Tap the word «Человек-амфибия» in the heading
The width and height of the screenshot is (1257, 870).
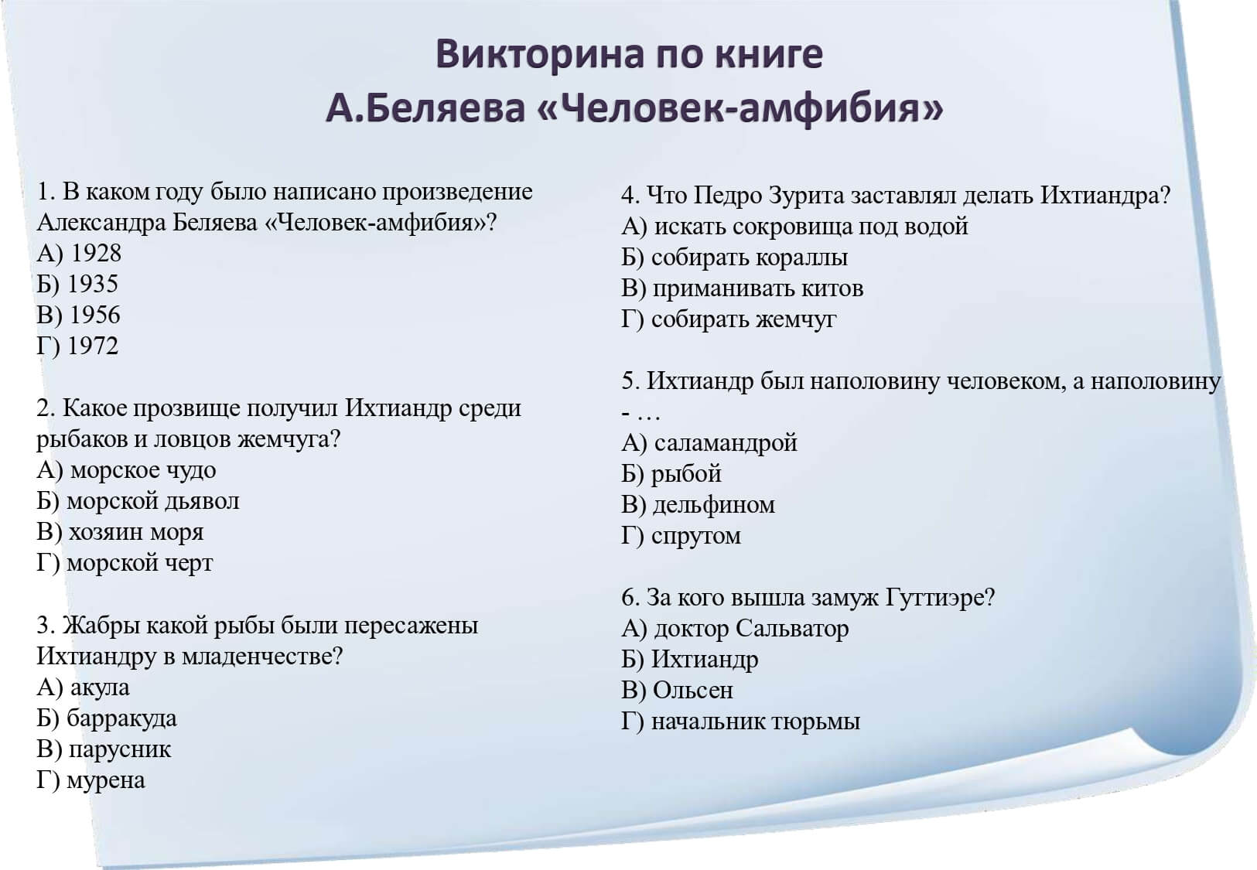coord(740,109)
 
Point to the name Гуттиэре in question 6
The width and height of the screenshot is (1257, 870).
coord(940,597)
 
